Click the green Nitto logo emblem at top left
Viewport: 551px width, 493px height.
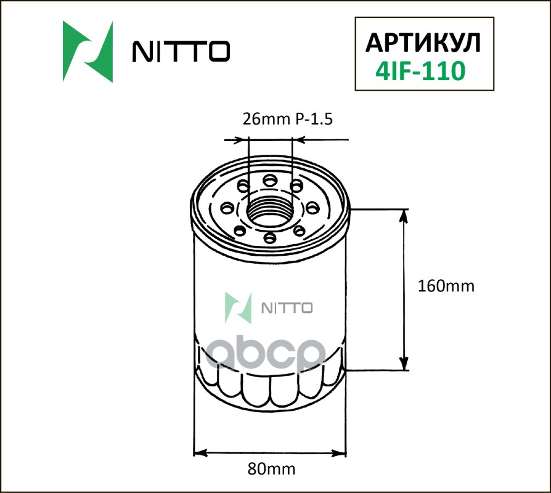pyautogui.click(x=88, y=52)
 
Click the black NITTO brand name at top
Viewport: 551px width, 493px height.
pyautogui.click(x=181, y=51)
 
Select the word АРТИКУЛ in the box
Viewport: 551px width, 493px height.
pyautogui.click(x=423, y=43)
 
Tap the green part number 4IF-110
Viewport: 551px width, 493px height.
pyautogui.click(x=420, y=71)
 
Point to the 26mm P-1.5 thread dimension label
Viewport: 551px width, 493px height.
pyautogui.click(x=287, y=120)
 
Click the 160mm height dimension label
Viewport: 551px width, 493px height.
pyautogui.click(x=446, y=286)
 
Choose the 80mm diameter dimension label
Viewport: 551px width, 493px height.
pyautogui.click(x=271, y=469)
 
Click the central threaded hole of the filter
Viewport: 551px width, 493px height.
pyautogui.click(x=270, y=211)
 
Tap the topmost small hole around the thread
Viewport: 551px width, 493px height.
pyautogui.click(x=270, y=181)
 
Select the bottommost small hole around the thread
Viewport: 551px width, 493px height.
pyautogui.click(x=269, y=238)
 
